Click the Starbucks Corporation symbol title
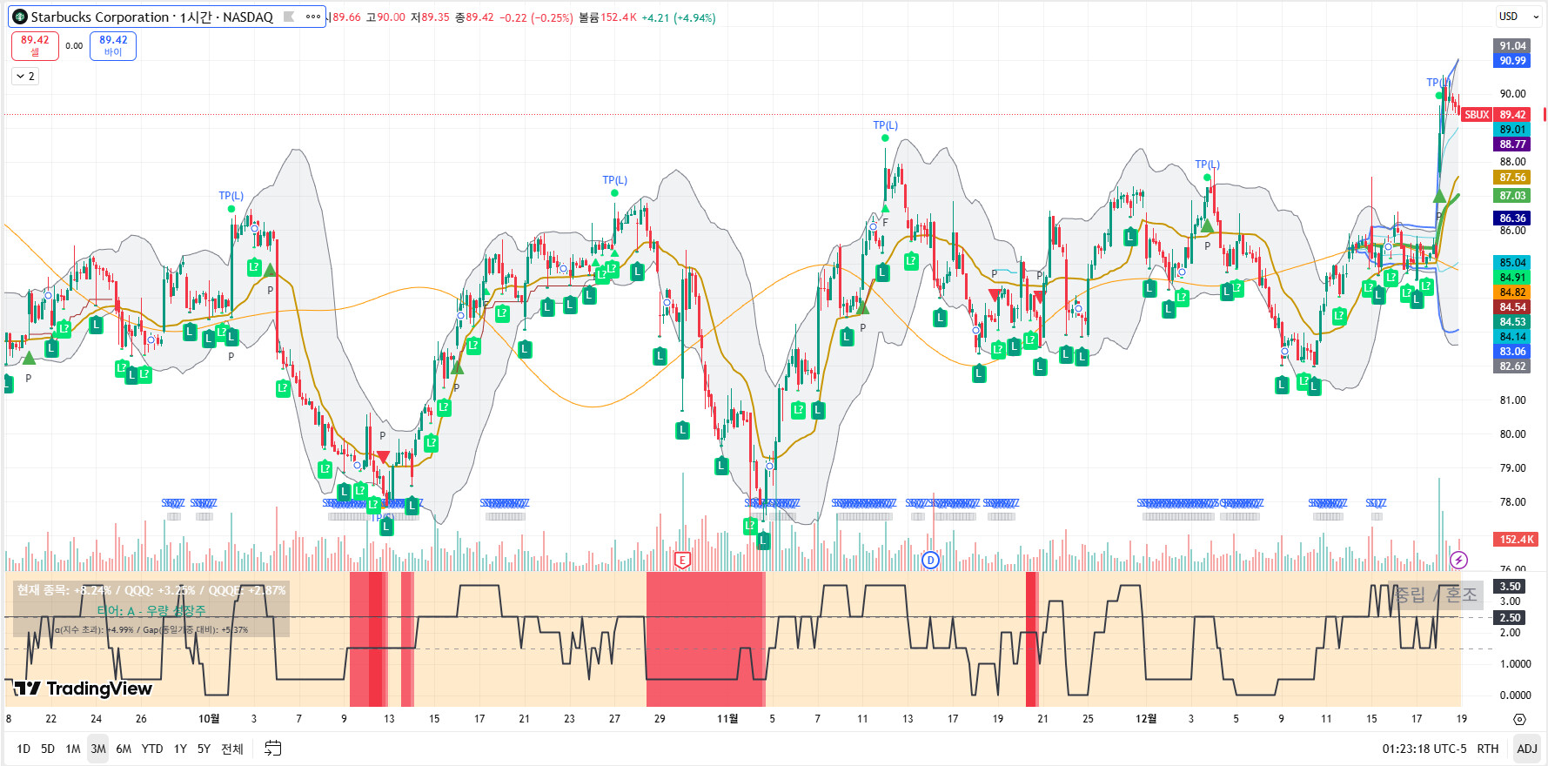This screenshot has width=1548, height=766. point(151,17)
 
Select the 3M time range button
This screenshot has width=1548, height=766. point(98,749)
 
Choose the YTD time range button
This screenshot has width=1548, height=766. point(152,749)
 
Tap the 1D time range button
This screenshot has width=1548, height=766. point(23,749)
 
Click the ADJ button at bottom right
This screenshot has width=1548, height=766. point(1526,749)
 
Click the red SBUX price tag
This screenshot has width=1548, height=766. point(1477,115)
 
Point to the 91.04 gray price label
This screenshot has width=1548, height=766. point(1512,46)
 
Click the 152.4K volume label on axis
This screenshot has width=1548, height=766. point(1516,540)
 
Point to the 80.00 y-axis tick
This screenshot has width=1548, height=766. point(1512,434)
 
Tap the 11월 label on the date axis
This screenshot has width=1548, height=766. point(727,719)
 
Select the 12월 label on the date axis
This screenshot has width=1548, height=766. point(1146,719)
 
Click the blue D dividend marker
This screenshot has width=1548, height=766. point(930,560)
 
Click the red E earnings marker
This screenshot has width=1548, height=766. point(682,560)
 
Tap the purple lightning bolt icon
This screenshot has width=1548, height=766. point(1459,560)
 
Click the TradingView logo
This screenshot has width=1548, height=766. point(84,689)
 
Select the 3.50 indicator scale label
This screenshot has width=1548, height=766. point(1511,587)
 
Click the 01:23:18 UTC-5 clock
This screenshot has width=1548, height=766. point(1424,749)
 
